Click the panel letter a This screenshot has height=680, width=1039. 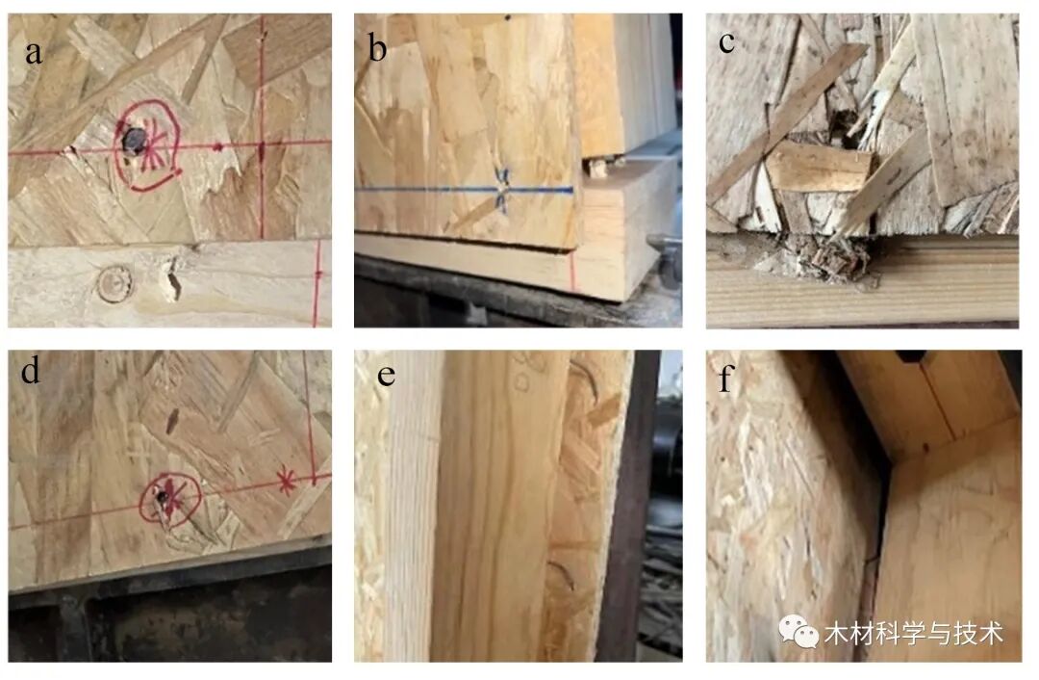tap(33, 52)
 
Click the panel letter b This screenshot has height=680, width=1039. tap(378, 48)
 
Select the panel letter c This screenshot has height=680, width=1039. tap(726, 43)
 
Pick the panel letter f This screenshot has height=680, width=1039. tap(726, 379)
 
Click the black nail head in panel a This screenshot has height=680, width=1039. tap(135, 140)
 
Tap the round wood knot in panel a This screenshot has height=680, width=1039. tap(115, 284)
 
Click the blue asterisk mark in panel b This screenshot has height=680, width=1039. tap(502, 190)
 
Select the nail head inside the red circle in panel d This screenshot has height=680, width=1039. tap(161, 496)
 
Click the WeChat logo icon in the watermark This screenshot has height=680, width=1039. tap(798, 630)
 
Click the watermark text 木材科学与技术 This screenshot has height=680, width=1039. tap(914, 634)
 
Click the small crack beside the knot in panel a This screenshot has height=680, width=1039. tap(173, 277)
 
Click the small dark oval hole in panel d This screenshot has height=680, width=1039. tap(172, 421)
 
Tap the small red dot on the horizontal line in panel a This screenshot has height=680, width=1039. tap(218, 146)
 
